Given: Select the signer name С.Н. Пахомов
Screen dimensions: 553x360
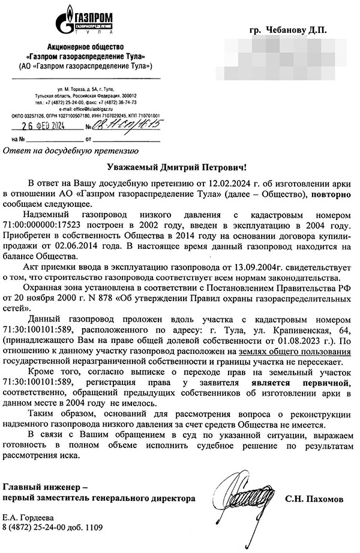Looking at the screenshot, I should pos(314,498).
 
